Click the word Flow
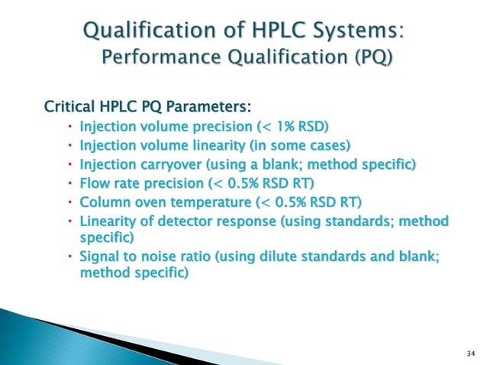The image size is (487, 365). coord(95,184)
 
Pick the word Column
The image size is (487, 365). coord(105,203)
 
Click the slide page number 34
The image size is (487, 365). coord(469,352)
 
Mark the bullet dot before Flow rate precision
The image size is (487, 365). coord(68,184)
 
